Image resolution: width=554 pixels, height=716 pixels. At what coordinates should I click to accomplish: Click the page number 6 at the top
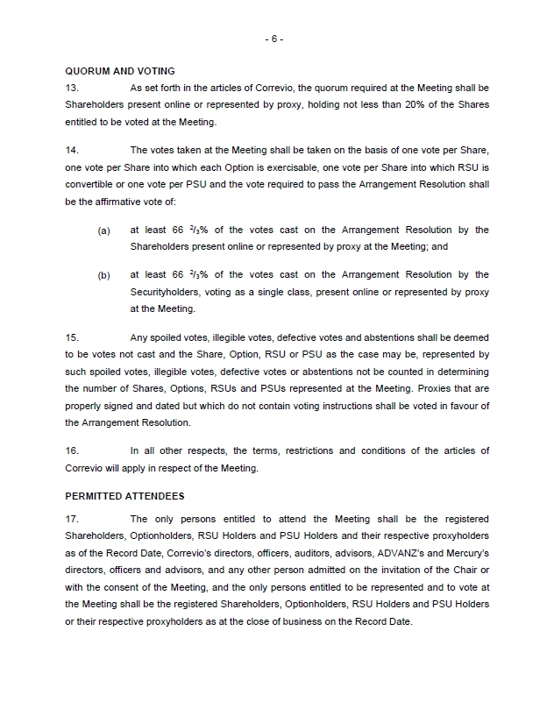pyautogui.click(x=276, y=39)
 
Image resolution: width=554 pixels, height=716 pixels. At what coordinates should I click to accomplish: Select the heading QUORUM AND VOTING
pyautogui.click(x=120, y=71)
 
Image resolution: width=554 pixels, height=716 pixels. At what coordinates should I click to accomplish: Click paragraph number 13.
pyautogui.click(x=72, y=88)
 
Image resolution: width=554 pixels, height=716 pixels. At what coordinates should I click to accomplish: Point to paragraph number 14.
pyautogui.click(x=72, y=151)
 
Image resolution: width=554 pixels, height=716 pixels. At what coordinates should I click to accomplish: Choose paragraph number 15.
pyautogui.click(x=72, y=337)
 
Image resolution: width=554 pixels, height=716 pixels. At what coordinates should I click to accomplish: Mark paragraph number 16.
pyautogui.click(x=72, y=450)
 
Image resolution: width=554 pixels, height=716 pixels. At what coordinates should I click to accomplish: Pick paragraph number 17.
pyautogui.click(x=72, y=519)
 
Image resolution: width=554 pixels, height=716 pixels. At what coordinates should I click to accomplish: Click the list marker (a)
pyautogui.click(x=104, y=230)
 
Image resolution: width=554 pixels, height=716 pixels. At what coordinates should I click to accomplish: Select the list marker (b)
pyautogui.click(x=104, y=275)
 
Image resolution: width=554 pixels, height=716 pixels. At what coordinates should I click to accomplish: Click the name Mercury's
pyautogui.click(x=469, y=553)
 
